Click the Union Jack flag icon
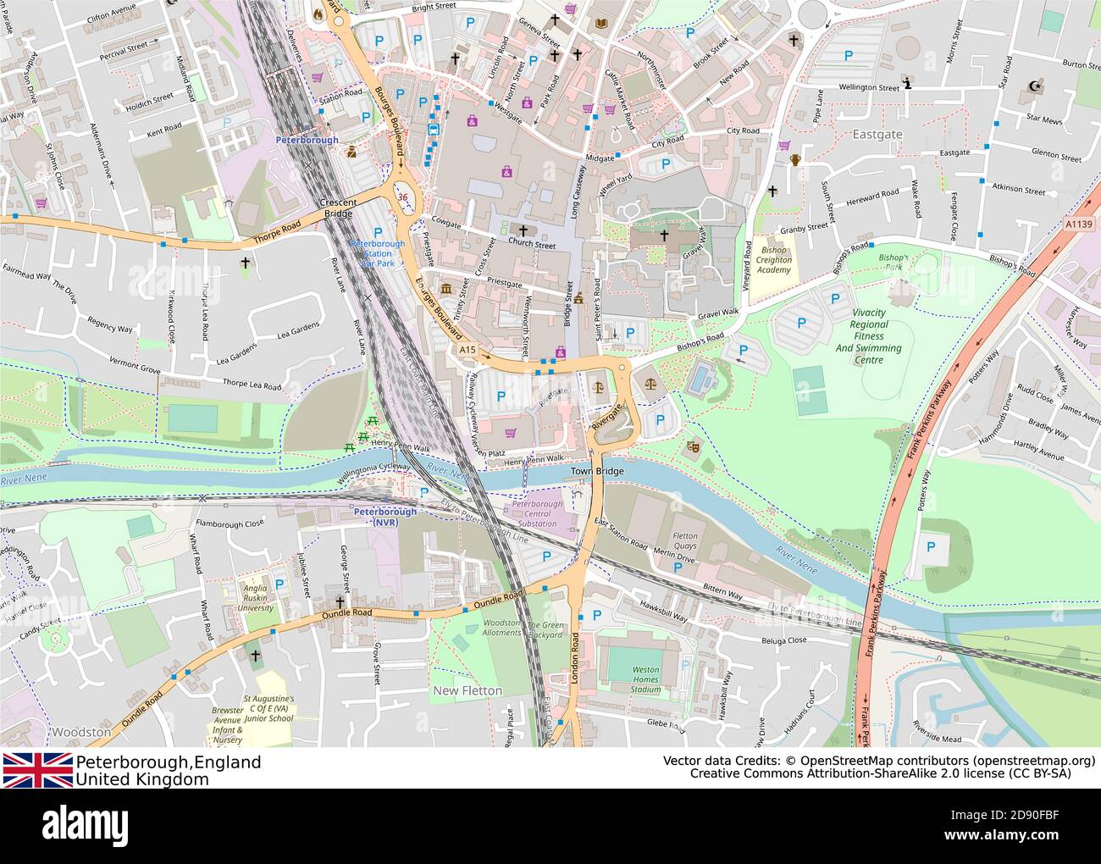pyautogui.click(x=37, y=769)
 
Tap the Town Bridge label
pyautogui.click(x=597, y=471)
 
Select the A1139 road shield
pyautogui.click(x=1078, y=224)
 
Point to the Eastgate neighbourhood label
pyautogui.click(x=877, y=135)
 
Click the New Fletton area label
pyautogui.click(x=468, y=690)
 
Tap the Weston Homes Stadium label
pyautogui.click(x=645, y=679)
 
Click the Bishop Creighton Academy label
pyautogui.click(x=774, y=260)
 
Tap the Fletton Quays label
pyautogui.click(x=685, y=541)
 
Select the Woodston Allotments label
pyautogui.click(x=502, y=628)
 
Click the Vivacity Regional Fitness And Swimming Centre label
pyautogui.click(x=868, y=336)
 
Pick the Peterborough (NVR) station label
pyautogui.click(x=385, y=517)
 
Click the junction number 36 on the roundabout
pyautogui.click(x=402, y=197)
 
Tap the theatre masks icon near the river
pyautogui.click(x=694, y=445)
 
